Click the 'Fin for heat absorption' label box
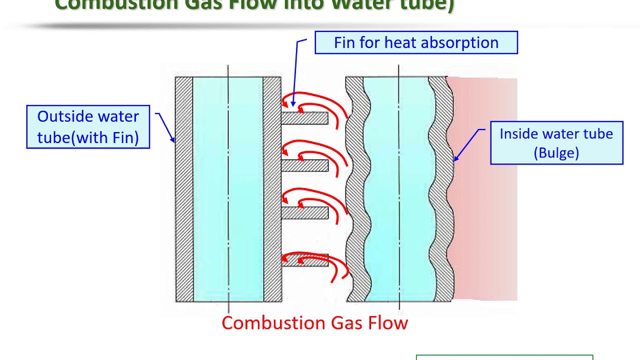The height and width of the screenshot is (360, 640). [416, 42]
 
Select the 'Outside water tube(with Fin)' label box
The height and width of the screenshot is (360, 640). [88, 126]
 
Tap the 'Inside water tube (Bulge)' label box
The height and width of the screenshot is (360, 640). [556, 143]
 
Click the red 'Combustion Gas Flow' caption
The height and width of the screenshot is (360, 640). [314, 322]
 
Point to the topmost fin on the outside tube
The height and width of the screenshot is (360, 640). [304, 118]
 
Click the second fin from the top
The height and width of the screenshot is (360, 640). [304, 165]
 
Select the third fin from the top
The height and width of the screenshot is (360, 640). [304, 213]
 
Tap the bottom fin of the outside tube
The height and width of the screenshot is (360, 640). [304, 260]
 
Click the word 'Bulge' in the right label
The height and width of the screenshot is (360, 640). [556, 152]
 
